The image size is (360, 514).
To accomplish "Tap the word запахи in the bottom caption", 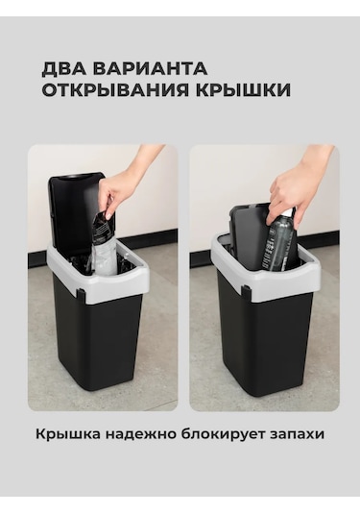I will [294, 434].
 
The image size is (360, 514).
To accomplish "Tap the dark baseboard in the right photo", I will [204, 257].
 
